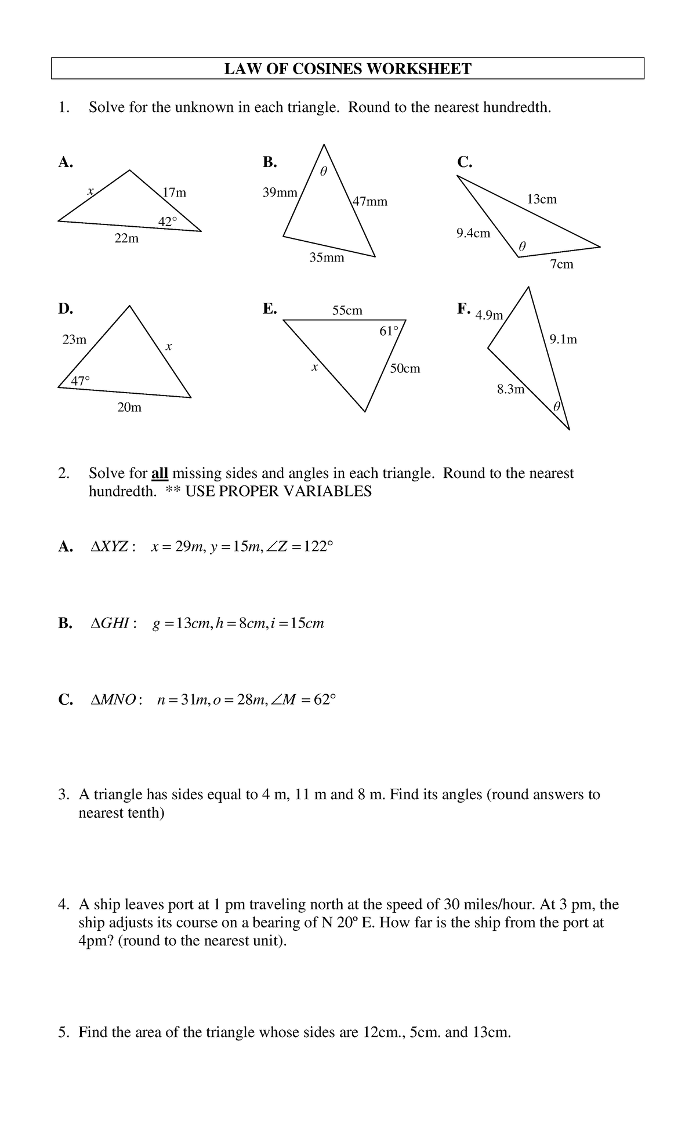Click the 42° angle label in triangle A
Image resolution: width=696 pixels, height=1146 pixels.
[168, 220]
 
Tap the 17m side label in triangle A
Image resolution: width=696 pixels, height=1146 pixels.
[175, 193]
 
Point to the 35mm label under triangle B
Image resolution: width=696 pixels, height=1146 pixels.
[327, 257]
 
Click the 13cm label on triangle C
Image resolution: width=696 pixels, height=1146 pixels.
[541, 200]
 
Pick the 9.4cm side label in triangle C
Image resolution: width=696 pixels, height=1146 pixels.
[473, 233]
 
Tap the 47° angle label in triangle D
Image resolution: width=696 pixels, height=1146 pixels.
[81, 381]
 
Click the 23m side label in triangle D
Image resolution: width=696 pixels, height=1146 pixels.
[74, 340]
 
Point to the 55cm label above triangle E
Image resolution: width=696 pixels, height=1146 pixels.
[347, 311]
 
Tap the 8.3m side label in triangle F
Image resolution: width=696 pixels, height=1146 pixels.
[510, 389]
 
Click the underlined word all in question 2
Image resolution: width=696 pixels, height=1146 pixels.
[159, 473]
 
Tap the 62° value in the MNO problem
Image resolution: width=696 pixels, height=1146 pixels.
[324, 700]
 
